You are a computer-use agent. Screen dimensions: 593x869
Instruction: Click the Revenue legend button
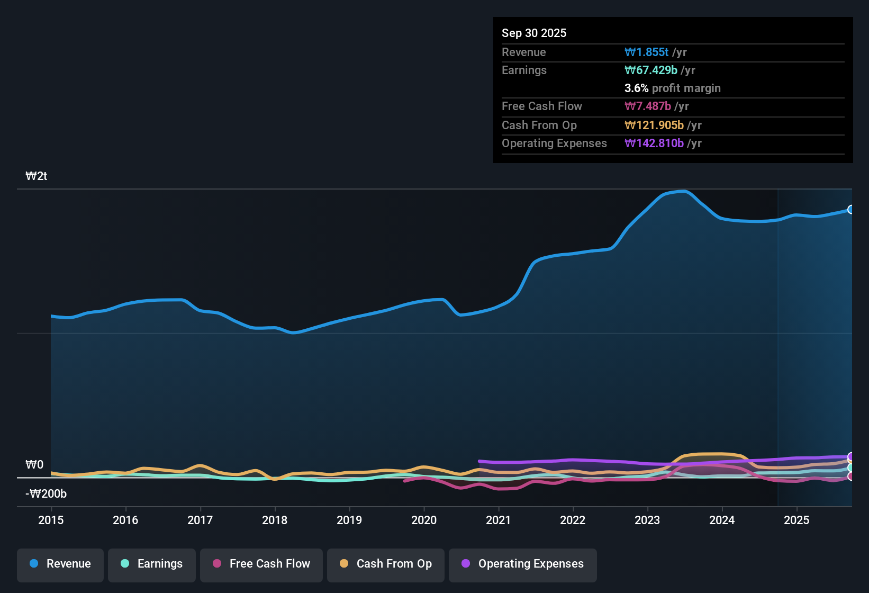pyautogui.click(x=60, y=564)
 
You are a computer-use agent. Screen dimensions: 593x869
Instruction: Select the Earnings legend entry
pyautogui.click(x=151, y=564)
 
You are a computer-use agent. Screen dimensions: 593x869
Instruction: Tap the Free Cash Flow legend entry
pyautogui.click(x=261, y=564)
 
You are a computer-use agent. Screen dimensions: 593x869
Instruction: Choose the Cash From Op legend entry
pyautogui.click(x=386, y=564)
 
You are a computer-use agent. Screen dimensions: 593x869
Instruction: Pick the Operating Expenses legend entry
pyautogui.click(x=522, y=564)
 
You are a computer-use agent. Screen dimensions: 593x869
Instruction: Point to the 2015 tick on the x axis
pyautogui.click(x=51, y=520)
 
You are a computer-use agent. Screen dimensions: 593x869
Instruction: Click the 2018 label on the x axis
pyautogui.click(x=275, y=520)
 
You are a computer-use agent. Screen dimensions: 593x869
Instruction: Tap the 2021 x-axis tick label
pyautogui.click(x=498, y=520)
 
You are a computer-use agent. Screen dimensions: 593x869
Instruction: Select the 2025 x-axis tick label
pyautogui.click(x=796, y=520)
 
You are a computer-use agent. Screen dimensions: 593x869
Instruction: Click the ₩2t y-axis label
pyautogui.click(x=37, y=176)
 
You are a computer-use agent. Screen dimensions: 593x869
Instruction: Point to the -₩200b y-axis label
pyautogui.click(x=46, y=494)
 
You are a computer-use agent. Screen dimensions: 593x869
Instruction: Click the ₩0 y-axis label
pyautogui.click(x=34, y=465)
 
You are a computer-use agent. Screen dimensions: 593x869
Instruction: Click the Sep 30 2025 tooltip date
pyautogui.click(x=533, y=33)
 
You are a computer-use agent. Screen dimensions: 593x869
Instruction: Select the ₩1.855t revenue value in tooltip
pyautogui.click(x=646, y=52)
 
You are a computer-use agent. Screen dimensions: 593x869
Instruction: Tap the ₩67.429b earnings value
pyautogui.click(x=650, y=70)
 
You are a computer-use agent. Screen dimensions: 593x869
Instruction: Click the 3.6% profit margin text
pyautogui.click(x=672, y=88)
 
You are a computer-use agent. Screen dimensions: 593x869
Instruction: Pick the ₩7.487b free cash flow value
pyautogui.click(x=648, y=106)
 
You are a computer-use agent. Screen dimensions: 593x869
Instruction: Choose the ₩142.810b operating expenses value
pyautogui.click(x=654, y=143)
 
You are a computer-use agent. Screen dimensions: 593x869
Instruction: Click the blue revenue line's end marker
pyautogui.click(x=850, y=210)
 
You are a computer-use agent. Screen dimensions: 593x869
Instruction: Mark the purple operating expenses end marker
pyautogui.click(x=850, y=456)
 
